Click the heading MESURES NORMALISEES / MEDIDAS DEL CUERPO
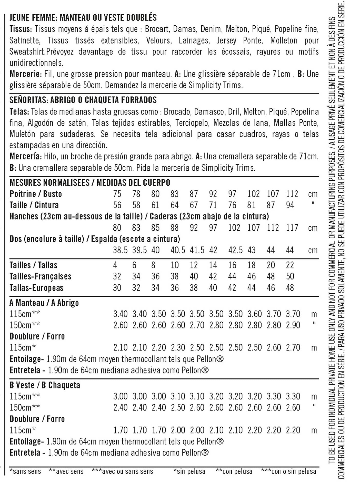pos(90,183)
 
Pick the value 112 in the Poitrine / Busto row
pos(292,194)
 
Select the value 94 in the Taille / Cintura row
pos(290,205)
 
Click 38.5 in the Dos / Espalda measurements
pos(120,250)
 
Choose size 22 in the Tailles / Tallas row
pos(290,265)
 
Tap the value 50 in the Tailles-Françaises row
pos(290,276)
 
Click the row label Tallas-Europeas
pos(36,288)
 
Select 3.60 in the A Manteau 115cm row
pos(255,314)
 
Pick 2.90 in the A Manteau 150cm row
pos(293,325)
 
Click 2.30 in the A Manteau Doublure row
pos(178,348)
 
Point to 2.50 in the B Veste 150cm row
pos(178,408)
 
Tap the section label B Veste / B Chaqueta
pos(45,385)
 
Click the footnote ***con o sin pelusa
pos(288,471)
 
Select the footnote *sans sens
pos(25,471)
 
